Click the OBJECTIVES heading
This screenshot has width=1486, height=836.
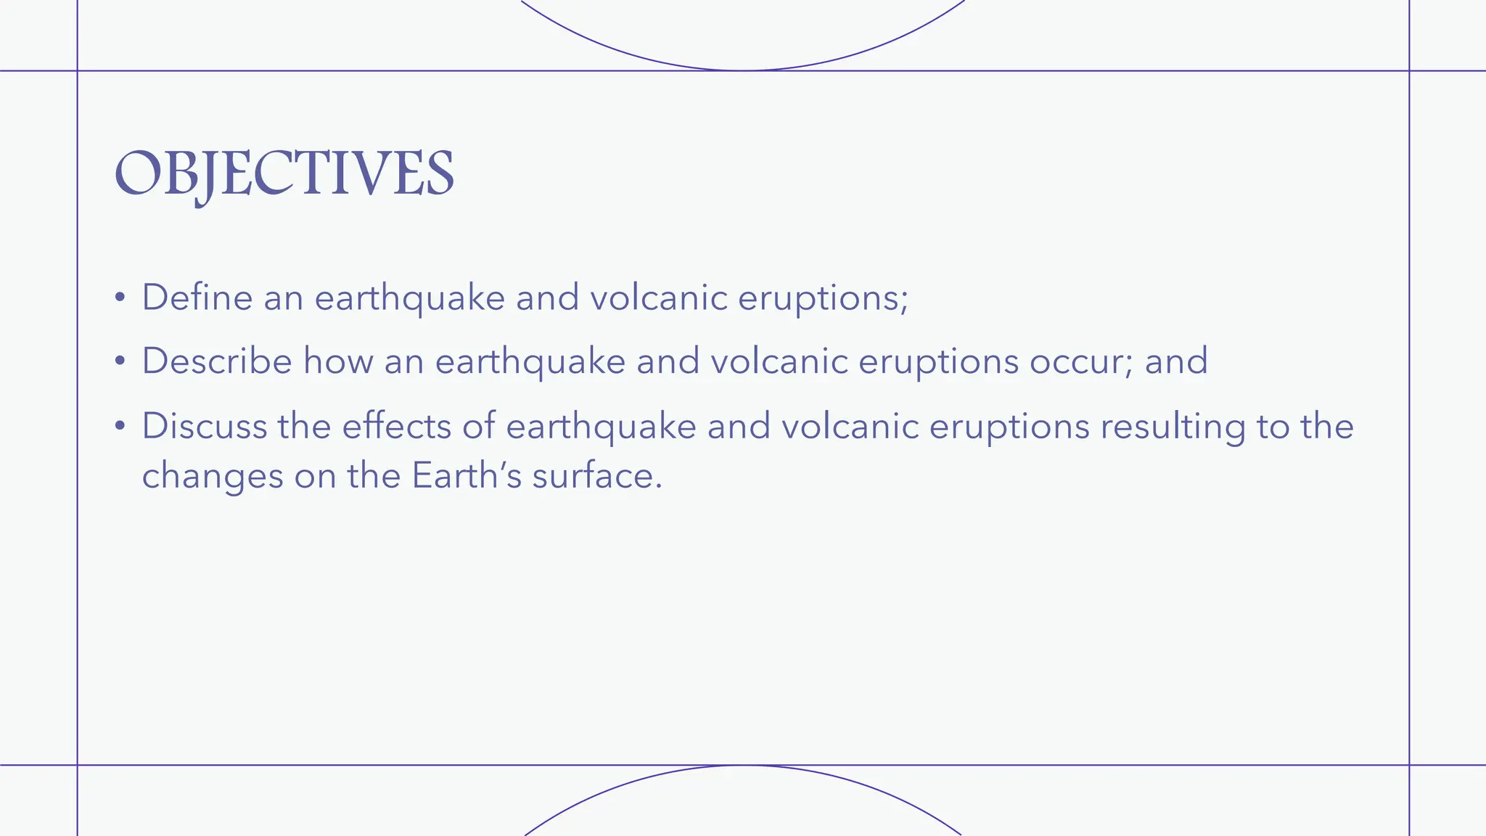(284, 174)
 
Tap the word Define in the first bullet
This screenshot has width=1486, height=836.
(197, 298)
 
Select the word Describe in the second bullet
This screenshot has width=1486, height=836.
(216, 361)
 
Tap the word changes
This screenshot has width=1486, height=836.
(212, 476)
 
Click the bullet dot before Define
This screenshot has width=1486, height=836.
(120, 298)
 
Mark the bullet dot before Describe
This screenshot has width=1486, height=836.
(120, 361)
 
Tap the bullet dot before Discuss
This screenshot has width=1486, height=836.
(120, 427)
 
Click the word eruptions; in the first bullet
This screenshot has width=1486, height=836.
(823, 298)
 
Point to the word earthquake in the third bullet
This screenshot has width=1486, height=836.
(601, 426)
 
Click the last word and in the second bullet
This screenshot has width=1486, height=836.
(1176, 361)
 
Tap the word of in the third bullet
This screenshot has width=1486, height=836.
(478, 426)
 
